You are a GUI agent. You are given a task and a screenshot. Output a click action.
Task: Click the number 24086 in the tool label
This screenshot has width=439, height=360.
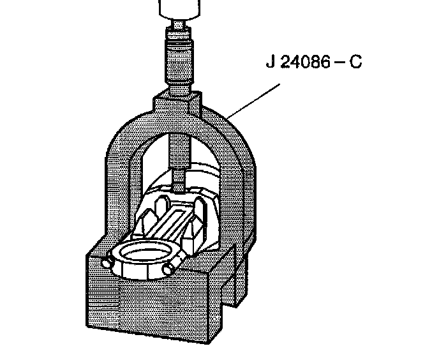pos(301,64)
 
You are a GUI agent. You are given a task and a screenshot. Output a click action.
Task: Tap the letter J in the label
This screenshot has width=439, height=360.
pos(269,64)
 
